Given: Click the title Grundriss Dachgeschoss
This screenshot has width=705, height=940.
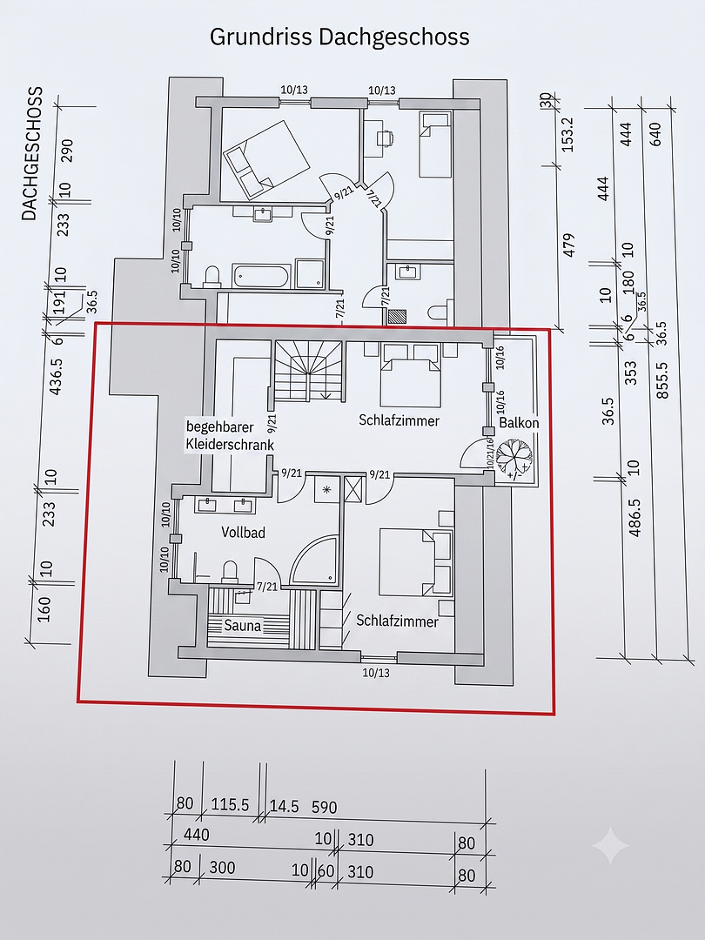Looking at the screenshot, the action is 339,37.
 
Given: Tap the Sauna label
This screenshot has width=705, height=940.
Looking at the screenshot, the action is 243,626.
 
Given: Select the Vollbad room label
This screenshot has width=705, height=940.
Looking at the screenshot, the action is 243,533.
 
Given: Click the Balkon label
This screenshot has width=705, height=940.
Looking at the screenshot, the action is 519,423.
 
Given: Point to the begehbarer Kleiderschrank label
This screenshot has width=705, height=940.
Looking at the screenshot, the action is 230,436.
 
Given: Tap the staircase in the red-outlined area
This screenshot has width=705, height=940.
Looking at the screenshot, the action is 309,370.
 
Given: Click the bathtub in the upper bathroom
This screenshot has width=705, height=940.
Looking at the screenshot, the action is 261,277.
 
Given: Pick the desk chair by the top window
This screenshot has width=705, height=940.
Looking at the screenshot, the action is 386,138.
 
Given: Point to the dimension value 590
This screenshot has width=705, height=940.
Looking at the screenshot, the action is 325,807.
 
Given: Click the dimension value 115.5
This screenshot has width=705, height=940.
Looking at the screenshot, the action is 230,804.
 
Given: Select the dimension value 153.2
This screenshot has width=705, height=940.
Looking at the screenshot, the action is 567,134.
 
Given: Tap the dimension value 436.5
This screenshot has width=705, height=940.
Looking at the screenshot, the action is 55,374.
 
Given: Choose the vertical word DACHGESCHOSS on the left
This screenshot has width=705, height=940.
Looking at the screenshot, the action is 32,153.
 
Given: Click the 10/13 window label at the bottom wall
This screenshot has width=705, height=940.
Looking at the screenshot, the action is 376,673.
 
